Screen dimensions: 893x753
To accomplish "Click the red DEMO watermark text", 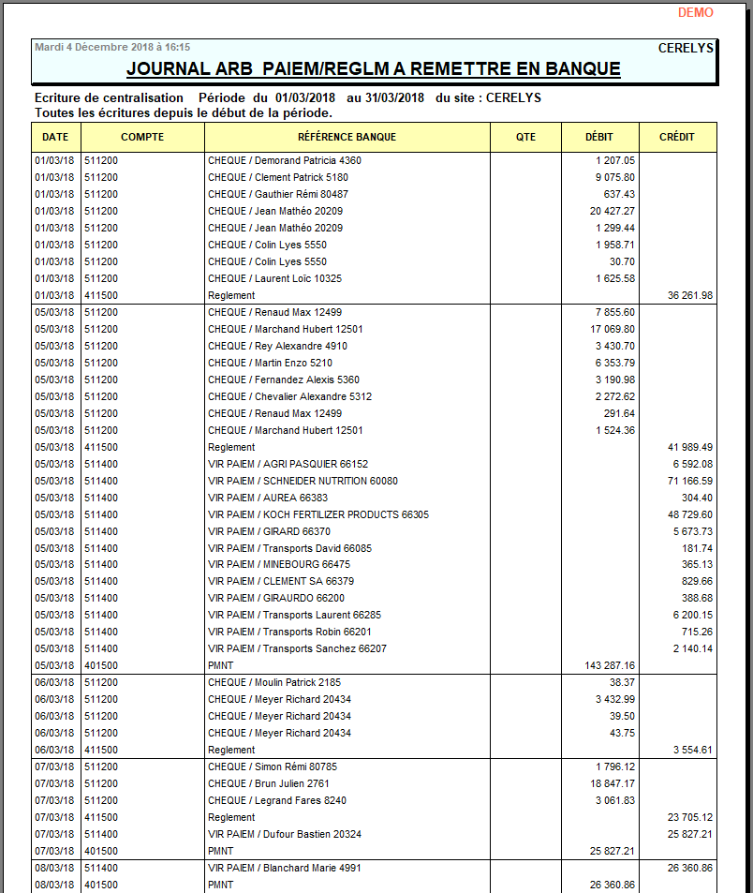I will click(695, 13).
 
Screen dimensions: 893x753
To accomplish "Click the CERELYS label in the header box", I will click(686, 48).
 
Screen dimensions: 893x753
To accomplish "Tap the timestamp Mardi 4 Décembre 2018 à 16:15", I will click(112, 47).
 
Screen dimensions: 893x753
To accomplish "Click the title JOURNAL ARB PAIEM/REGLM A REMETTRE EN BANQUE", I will click(373, 69).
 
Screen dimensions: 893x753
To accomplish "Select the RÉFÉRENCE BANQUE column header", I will click(347, 137).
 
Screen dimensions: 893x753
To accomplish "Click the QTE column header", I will click(525, 137).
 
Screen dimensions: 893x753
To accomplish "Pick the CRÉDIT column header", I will click(676, 137).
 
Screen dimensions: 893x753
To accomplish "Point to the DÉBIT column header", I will click(598, 137).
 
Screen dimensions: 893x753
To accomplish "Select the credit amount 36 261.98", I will click(690, 295).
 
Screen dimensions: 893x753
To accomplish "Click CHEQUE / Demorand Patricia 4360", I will click(284, 160).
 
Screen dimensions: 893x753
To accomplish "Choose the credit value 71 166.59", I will click(690, 481).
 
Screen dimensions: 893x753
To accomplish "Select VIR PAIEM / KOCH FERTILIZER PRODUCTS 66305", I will click(317, 514).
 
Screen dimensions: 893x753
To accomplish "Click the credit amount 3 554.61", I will click(693, 750).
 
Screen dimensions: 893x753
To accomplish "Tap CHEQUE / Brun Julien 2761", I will click(269, 783).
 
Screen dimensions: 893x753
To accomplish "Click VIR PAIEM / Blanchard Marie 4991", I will click(284, 868).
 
